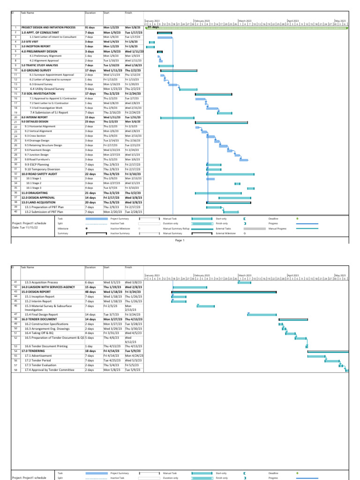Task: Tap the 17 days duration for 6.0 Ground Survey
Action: (x=90, y=70)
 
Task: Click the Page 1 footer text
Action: (x=180, y=240)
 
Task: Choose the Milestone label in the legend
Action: (x=62, y=228)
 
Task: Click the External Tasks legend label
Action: (x=224, y=228)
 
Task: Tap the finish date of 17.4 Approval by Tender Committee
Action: (x=133, y=370)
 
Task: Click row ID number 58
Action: (x=15, y=370)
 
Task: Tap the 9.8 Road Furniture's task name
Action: (x=39, y=159)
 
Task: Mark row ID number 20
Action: (x=15, y=117)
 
